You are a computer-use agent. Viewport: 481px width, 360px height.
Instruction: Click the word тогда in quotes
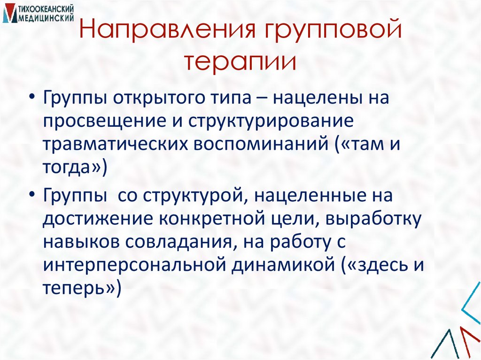point(71,166)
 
